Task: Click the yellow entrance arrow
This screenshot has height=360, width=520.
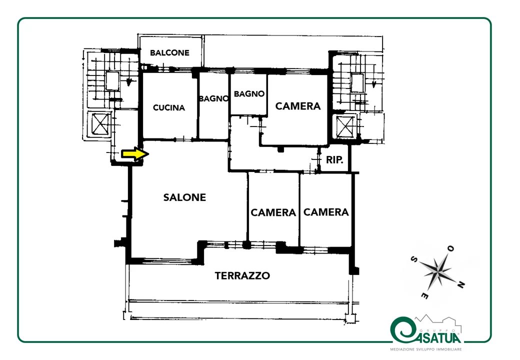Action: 135,154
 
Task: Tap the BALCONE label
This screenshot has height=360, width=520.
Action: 169,52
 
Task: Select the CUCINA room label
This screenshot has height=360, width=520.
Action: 169,107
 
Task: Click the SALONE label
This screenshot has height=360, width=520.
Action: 184,197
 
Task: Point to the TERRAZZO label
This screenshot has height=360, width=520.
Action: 242,276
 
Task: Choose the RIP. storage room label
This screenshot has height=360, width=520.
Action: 334,160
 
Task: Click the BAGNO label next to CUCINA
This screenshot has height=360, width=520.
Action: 214,98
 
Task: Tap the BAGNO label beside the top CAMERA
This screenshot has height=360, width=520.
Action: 249,94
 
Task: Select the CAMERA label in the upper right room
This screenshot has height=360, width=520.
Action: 298,106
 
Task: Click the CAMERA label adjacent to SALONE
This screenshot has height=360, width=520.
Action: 273,212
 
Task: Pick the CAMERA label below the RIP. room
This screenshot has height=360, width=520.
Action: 326,212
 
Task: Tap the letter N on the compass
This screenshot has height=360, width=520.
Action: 460,284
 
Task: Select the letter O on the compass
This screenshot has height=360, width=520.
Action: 450,248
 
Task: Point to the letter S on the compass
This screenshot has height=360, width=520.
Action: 414,259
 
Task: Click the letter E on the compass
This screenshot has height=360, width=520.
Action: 424,295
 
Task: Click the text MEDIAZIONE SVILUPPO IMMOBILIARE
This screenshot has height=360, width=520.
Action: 426,349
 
